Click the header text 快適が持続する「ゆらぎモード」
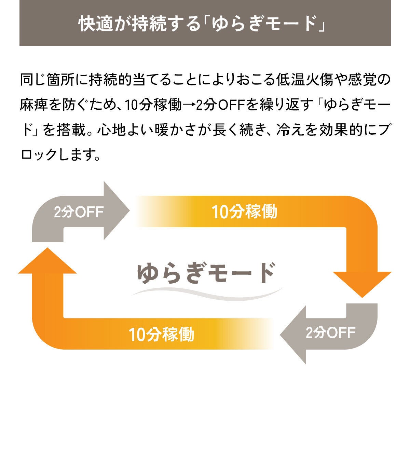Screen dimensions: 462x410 pos(205,23)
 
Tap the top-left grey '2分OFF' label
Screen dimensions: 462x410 pos(79,212)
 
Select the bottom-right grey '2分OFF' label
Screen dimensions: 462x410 pos(330,332)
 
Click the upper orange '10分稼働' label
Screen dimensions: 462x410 pos(244,212)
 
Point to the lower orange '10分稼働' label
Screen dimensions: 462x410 pos(161,334)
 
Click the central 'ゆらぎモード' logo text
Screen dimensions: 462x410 pos(206,273)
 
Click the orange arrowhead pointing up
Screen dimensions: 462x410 pos(47,261)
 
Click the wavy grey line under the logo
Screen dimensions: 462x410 pos(207,293)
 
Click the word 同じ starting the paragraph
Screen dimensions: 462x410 pos(33,81)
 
